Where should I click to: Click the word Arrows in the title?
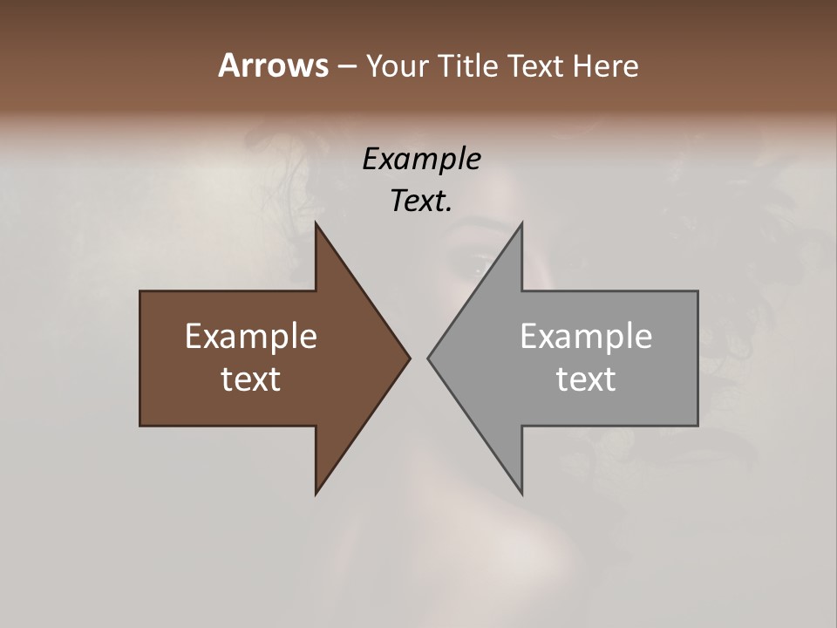pyautogui.click(x=273, y=65)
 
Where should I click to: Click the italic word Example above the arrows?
pyautogui.click(x=422, y=160)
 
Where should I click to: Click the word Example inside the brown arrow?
pyautogui.click(x=251, y=337)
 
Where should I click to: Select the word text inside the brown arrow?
pyautogui.click(x=251, y=379)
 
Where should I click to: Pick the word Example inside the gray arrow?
pyautogui.click(x=586, y=337)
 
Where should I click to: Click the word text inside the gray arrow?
pyautogui.click(x=586, y=379)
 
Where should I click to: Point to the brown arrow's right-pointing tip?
pyautogui.click(x=409, y=358)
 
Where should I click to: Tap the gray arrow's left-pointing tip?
pyautogui.click(x=429, y=358)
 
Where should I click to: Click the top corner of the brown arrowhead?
pyautogui.click(x=316, y=224)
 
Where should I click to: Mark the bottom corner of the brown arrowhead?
pyautogui.click(x=316, y=493)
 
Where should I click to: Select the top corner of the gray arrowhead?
pyautogui.click(x=521, y=224)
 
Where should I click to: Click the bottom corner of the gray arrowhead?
pyautogui.click(x=521, y=493)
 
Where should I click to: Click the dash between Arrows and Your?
pyautogui.click(x=346, y=67)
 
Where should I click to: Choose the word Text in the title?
pyautogui.click(x=537, y=65)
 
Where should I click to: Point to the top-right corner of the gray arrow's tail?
pyautogui.click(x=697, y=291)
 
